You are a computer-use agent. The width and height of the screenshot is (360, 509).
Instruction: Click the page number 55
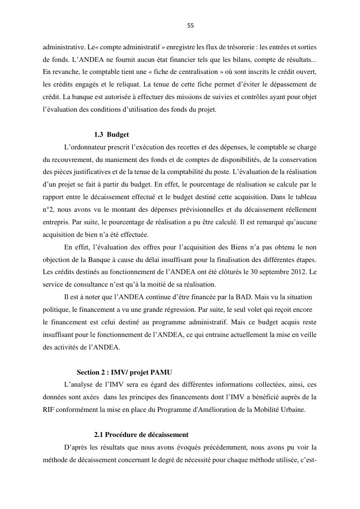tap(190, 26)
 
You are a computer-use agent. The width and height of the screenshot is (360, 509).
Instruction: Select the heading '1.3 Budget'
tap(111, 134)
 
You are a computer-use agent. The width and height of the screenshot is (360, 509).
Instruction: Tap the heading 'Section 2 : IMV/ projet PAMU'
tap(124, 372)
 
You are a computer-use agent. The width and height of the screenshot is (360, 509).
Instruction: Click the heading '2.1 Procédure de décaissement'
tap(141, 435)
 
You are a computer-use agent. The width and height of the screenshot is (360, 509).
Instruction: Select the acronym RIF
tap(49, 410)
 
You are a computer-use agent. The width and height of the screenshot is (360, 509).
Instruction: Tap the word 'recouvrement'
tap(73, 160)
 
